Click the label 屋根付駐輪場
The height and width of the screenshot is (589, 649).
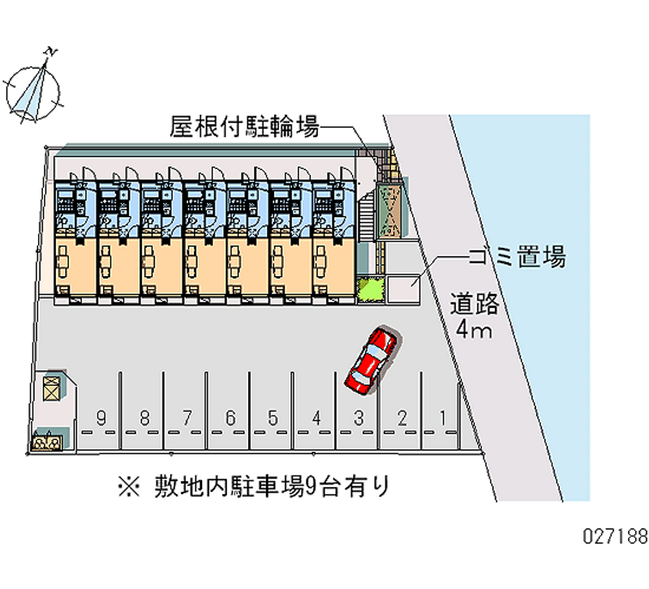click(243, 126)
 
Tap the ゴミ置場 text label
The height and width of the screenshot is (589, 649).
click(516, 258)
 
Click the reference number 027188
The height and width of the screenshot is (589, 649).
click(613, 536)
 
